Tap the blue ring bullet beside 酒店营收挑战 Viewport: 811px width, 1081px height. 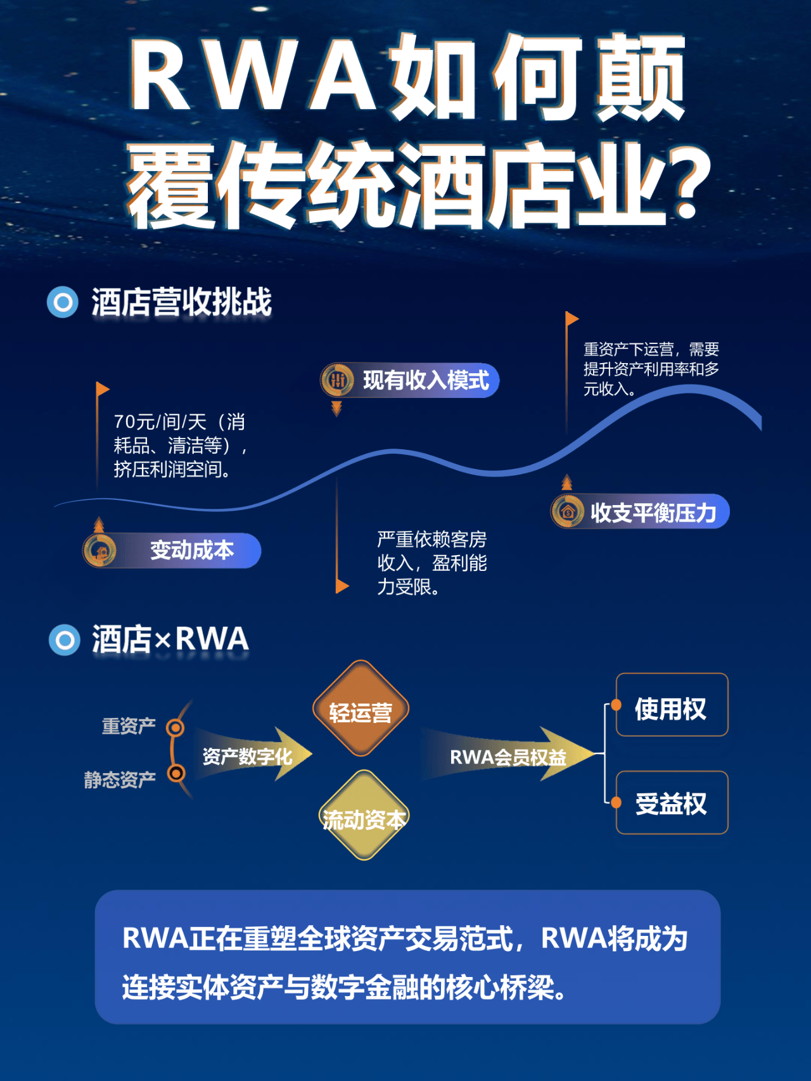[x=63, y=302]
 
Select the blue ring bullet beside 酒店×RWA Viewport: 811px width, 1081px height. [x=65, y=640]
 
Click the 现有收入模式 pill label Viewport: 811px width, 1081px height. [x=425, y=380]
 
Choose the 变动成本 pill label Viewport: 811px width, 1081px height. [x=191, y=550]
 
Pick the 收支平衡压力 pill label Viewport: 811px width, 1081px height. [x=653, y=512]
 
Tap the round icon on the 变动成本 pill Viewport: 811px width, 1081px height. [x=100, y=550]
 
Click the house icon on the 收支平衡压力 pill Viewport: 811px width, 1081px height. [x=568, y=511]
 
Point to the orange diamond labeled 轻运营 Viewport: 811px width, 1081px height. [x=361, y=709]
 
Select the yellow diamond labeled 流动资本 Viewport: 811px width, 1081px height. [x=363, y=816]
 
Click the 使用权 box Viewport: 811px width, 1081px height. [x=672, y=705]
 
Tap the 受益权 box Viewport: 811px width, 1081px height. [x=672, y=803]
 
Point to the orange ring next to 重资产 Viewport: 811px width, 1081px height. [x=176, y=727]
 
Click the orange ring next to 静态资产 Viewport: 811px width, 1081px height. [x=176, y=773]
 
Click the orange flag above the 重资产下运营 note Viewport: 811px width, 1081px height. [x=572, y=318]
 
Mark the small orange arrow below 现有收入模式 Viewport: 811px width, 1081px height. [x=336, y=409]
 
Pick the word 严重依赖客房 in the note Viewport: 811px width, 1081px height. [x=431, y=539]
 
